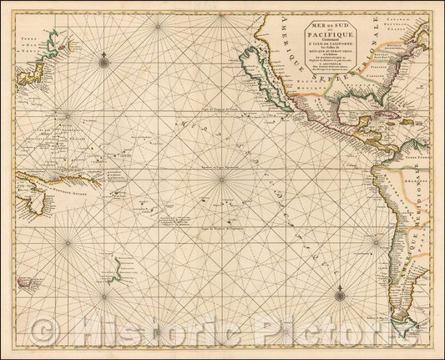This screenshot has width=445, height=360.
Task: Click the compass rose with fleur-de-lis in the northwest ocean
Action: [103, 59]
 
